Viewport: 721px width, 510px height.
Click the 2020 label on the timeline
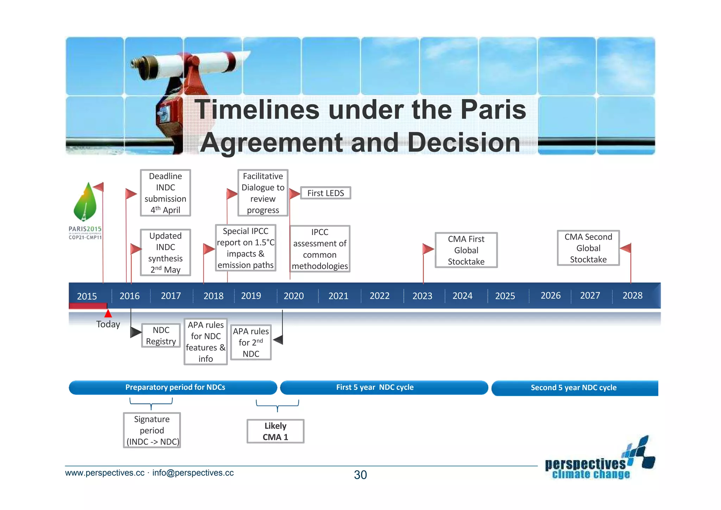click(294, 296)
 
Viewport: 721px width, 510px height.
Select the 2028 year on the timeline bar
click(632, 295)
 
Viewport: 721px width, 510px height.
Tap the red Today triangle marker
click(108, 313)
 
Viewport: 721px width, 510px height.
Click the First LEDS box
click(325, 193)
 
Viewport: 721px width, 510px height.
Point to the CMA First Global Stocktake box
click(466, 250)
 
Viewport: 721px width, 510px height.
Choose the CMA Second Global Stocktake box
click(588, 248)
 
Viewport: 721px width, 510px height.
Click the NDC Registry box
click(161, 336)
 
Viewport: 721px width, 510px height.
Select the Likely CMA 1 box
click(275, 431)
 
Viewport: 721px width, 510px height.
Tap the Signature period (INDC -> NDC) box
click(152, 430)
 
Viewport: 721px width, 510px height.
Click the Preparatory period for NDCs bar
click(175, 387)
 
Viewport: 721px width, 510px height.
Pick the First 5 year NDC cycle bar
click(375, 387)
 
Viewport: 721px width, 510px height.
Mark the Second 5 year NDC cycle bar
click(573, 388)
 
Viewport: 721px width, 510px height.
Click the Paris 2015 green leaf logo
click(85, 203)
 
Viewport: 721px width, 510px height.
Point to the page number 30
click(360, 475)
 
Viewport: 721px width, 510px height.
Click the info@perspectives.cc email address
click(193, 473)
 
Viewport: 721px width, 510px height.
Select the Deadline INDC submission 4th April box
click(165, 193)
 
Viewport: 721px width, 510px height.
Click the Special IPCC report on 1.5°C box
click(245, 248)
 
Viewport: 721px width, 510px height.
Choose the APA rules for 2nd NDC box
click(251, 342)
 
